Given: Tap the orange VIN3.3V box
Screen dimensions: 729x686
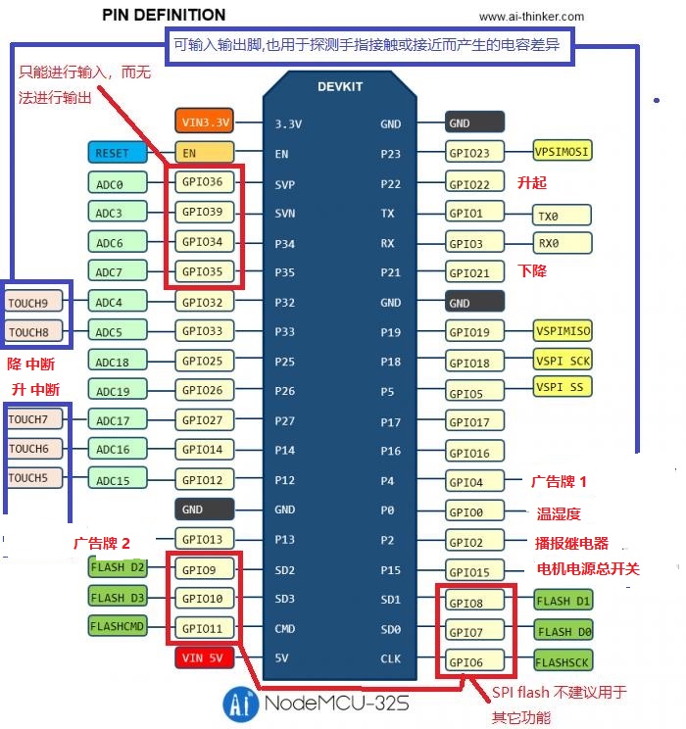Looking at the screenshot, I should [x=206, y=122].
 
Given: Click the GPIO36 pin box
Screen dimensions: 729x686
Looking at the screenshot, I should [x=204, y=181].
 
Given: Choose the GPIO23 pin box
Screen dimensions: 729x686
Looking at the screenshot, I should [x=475, y=153].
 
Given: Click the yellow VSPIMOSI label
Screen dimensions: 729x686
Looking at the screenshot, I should [x=563, y=152].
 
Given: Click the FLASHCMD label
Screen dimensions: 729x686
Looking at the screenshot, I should [x=118, y=627].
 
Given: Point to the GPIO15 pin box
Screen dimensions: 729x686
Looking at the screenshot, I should [x=475, y=572].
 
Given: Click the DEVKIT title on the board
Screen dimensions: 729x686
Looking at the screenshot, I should [x=340, y=86].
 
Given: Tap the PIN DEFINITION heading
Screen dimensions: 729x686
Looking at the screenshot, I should [x=164, y=15].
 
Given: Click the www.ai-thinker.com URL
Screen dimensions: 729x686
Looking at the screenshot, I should [x=531, y=16].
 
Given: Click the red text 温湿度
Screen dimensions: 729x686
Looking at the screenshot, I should [x=559, y=513].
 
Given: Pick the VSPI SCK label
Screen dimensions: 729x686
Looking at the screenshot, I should [x=563, y=360].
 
